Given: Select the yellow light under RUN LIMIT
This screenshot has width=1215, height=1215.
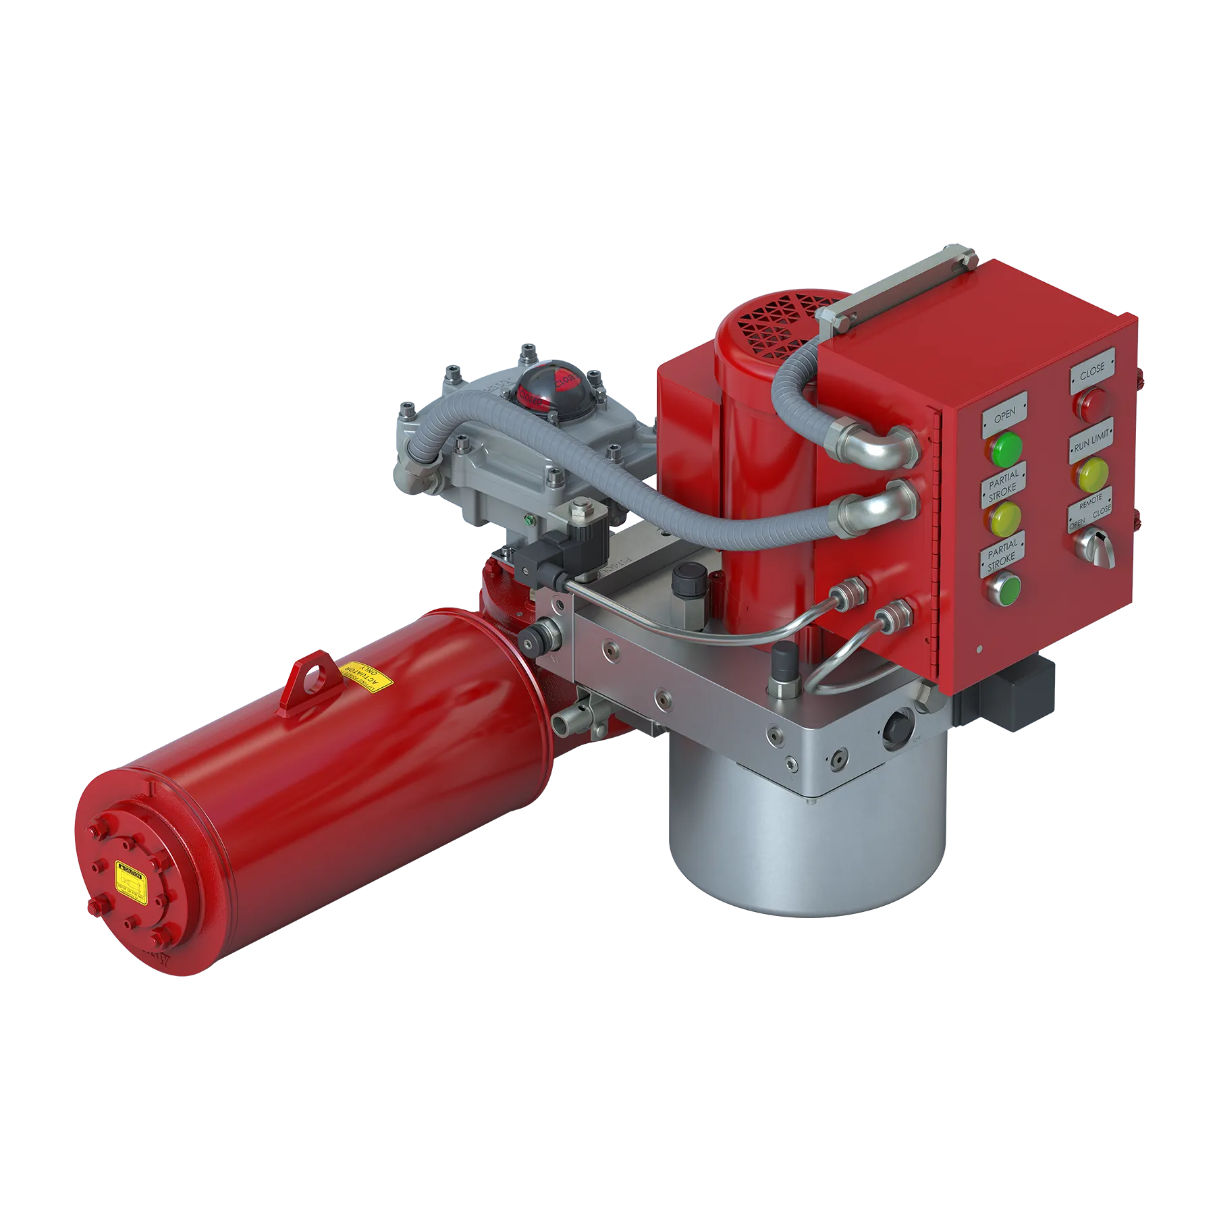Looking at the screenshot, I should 1092,474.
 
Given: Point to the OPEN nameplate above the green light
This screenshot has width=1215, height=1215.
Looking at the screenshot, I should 1004,414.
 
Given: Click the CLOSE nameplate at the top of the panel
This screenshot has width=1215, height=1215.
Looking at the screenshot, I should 1091,371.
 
